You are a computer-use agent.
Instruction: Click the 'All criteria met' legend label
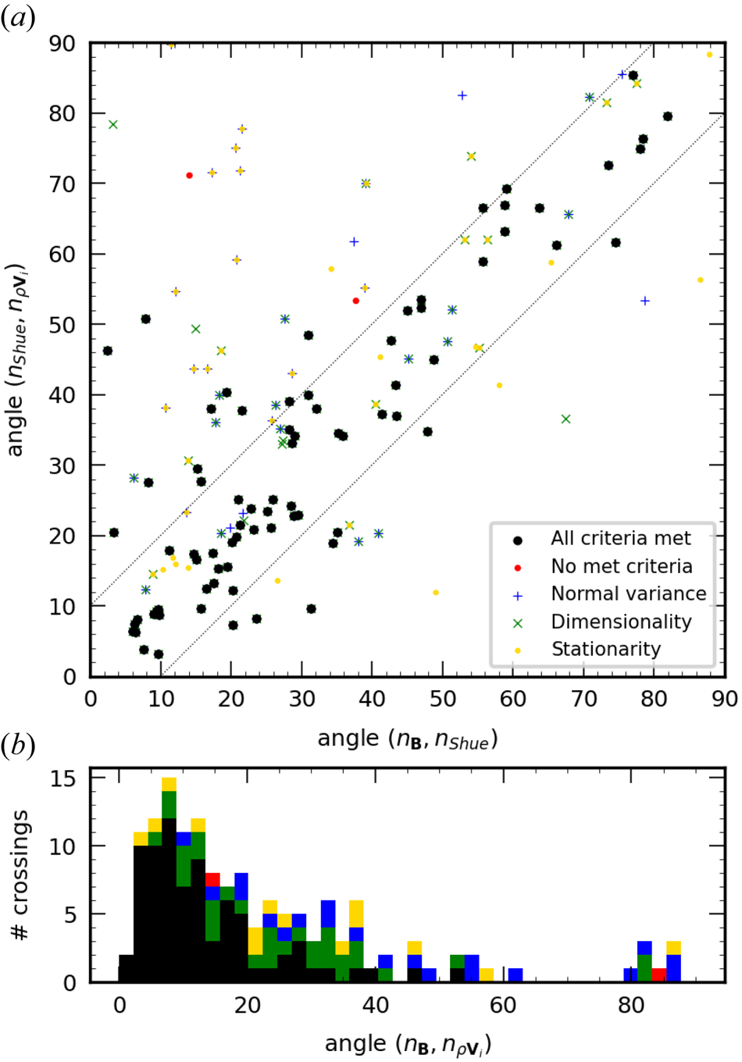(x=620, y=538)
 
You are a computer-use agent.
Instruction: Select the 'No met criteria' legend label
(x=621, y=566)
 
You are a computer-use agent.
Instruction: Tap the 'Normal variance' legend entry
(x=628, y=593)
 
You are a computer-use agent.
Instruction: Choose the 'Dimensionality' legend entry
(x=621, y=622)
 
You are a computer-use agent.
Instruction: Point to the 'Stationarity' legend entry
(x=605, y=649)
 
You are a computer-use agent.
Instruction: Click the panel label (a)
(x=17, y=17)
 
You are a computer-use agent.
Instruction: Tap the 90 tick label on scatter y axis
(x=62, y=44)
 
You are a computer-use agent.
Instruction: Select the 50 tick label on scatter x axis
(x=443, y=699)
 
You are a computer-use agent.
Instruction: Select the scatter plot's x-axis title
(x=407, y=739)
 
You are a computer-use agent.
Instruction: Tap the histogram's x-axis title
(x=407, y=1044)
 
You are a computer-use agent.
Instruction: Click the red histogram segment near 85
(x=659, y=975)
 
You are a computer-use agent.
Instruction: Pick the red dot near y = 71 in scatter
(x=189, y=176)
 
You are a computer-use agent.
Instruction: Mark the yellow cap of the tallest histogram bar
(x=169, y=785)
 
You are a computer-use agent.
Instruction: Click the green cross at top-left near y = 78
(x=112, y=125)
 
